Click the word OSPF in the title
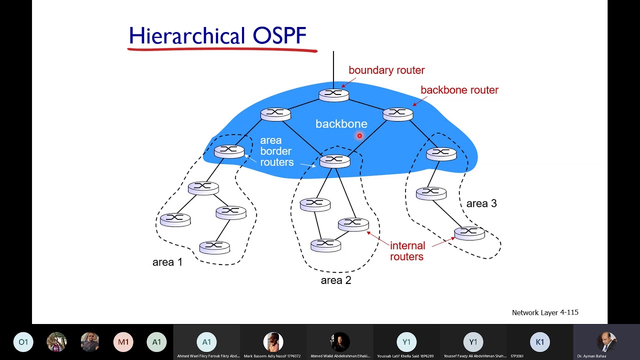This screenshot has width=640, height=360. pyautogui.click(x=279, y=36)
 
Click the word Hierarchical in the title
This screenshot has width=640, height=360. pyautogui.click(x=186, y=36)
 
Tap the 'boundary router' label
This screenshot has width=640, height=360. pyautogui.click(x=386, y=70)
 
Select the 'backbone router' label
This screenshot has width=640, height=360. pyautogui.click(x=459, y=90)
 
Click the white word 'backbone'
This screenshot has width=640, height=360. pyautogui.click(x=341, y=124)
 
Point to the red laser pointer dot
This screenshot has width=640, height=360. pyautogui.click(x=359, y=135)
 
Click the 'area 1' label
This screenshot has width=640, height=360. pyautogui.click(x=167, y=262)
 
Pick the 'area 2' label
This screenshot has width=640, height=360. pyautogui.click(x=336, y=280)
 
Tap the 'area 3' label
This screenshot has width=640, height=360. pyautogui.click(x=481, y=203)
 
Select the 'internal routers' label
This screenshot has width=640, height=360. pyautogui.click(x=407, y=251)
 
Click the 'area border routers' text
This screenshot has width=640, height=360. pyautogui.click(x=276, y=151)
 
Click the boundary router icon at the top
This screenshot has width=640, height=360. pyautogui.click(x=333, y=94)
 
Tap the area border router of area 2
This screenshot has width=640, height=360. pyautogui.click(x=334, y=160)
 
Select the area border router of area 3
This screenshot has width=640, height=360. pyautogui.click(x=441, y=154)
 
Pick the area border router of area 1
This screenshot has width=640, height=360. pyautogui.click(x=229, y=151)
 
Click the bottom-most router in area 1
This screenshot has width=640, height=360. pyautogui.click(x=214, y=246)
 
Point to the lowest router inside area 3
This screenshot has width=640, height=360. pyautogui.click(x=469, y=232)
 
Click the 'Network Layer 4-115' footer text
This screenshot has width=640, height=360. pyautogui.click(x=545, y=312)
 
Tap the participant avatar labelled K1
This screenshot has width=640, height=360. pyautogui.click(x=539, y=342)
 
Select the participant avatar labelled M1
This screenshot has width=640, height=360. pyautogui.click(x=123, y=342)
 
